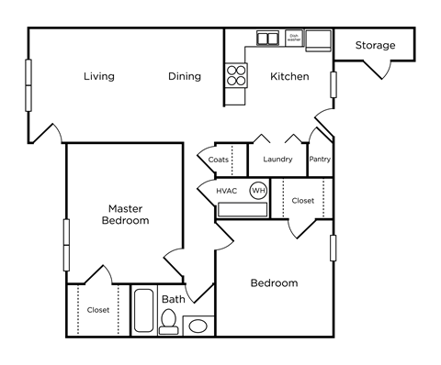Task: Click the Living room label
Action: (98, 76)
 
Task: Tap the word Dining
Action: (184, 76)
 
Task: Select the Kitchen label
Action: (288, 76)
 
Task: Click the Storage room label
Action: (375, 45)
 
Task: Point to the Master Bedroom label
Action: (125, 215)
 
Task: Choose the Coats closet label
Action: (218, 160)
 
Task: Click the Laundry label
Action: (277, 160)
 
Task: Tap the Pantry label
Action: (320, 160)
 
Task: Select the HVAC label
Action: (226, 191)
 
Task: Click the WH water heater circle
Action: (258, 191)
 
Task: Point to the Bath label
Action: (174, 299)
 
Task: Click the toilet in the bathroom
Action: (169, 321)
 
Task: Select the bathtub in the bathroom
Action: (144, 313)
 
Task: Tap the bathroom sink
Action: (198, 325)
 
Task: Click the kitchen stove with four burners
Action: (236, 74)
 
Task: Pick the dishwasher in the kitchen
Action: (294, 38)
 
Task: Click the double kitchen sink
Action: (267, 39)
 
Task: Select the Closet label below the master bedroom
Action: (98, 310)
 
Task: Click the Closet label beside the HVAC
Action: (302, 200)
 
